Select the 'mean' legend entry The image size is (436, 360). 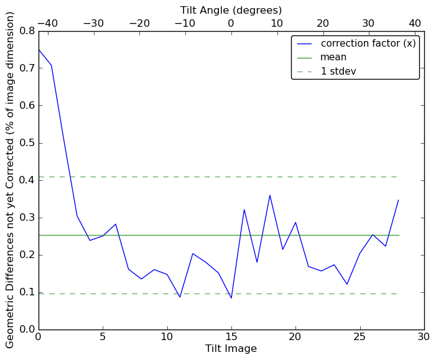point(333,57)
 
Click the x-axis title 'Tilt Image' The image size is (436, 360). point(231,349)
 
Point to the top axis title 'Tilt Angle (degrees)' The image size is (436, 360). point(231,10)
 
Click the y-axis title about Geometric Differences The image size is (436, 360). point(11,180)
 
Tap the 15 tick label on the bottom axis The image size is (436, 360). point(231,336)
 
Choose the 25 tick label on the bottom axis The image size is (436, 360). point(359,336)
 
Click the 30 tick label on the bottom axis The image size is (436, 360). point(424,336)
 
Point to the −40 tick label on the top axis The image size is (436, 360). point(47,24)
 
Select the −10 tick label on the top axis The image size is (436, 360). point(185,24)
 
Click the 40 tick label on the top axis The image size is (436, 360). point(415,24)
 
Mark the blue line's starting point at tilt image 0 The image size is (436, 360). point(39,50)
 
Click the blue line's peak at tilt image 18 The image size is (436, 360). point(270,195)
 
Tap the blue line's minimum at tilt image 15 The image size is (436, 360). point(231,298)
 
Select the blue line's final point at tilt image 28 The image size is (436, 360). point(398,200)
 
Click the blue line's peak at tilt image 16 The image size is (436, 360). point(244,210)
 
